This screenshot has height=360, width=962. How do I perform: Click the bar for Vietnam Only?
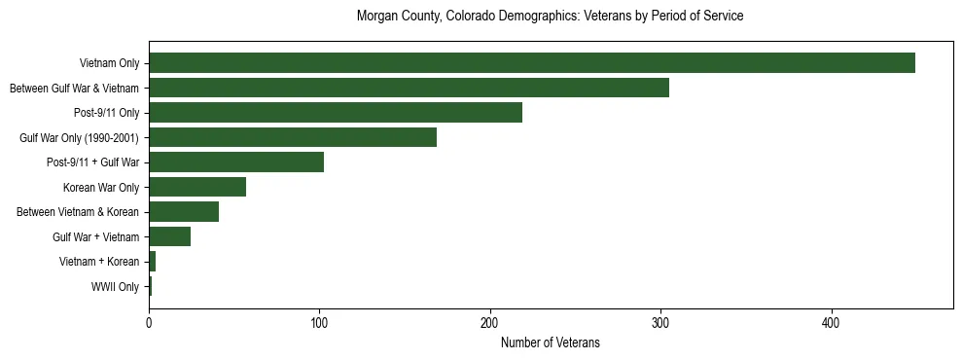[532, 63]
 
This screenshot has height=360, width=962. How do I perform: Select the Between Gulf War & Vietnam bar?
[409, 89]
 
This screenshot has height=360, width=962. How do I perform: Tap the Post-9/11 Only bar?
[336, 113]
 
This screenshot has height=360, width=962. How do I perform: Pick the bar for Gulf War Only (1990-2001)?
[293, 138]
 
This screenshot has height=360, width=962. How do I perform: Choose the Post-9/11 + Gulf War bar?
[236, 162]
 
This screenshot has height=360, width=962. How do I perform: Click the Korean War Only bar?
[197, 188]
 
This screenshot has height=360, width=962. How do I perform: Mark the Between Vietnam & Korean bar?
[184, 212]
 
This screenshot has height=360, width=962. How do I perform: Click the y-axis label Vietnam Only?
[109, 63]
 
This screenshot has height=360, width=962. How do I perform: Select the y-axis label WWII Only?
[115, 287]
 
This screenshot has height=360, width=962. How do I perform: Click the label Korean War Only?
[101, 188]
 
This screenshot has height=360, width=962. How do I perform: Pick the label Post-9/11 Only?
[107, 113]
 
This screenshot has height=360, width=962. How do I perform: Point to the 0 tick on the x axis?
[149, 322]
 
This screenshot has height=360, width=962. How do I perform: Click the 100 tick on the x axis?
[319, 322]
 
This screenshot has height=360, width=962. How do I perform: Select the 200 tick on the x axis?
[490, 322]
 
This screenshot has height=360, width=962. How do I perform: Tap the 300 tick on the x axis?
[660, 322]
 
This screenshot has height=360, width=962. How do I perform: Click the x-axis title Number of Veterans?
[551, 342]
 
